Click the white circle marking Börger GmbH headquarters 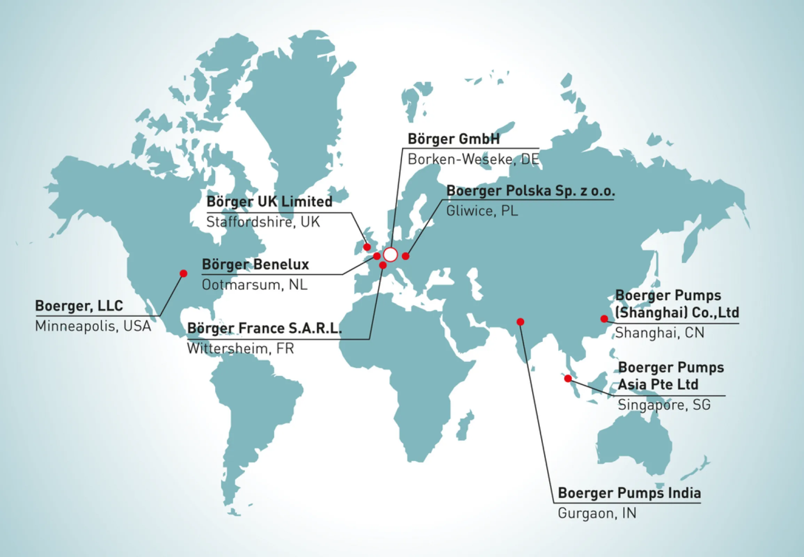tap(391, 255)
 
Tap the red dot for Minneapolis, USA tap(183, 273)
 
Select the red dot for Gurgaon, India tap(520, 321)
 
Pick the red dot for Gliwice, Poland tap(405, 256)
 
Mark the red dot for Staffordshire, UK tap(367, 247)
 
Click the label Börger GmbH tap(454, 139)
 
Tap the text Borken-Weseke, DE tap(473, 159)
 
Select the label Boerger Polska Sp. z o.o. tap(530, 191)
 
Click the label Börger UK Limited tap(269, 202)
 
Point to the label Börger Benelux tap(255, 265)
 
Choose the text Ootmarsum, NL tap(255, 285)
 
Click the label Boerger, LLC tap(79, 306)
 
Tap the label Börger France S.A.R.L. tap(265, 328)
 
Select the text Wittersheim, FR tap(241, 348)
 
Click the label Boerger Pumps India tap(629, 493)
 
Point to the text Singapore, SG tap(664, 405)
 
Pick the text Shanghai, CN tap(660, 332)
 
